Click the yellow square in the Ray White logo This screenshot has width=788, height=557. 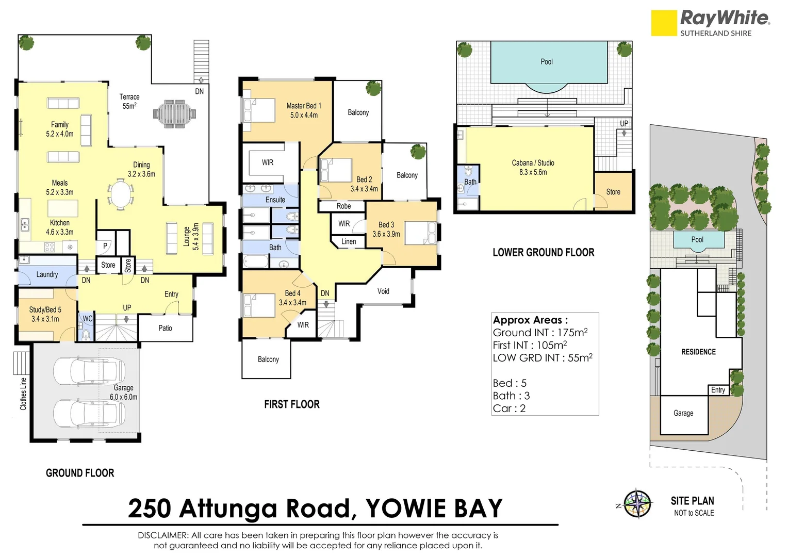[664, 23]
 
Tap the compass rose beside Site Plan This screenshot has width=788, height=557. [638, 503]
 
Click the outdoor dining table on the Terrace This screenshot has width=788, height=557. [174, 113]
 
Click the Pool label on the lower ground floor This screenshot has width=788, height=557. [546, 62]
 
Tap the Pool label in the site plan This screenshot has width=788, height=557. [697, 239]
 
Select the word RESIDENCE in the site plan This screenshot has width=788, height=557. [698, 352]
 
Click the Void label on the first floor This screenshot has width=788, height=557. [383, 291]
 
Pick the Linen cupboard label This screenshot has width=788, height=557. [349, 241]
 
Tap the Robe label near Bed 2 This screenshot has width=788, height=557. [343, 206]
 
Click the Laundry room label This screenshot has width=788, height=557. [47, 274]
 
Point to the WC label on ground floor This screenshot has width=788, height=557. [88, 319]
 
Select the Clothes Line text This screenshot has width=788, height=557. [23, 394]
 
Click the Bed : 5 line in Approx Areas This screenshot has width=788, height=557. [510, 383]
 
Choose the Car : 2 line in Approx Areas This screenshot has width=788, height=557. [509, 408]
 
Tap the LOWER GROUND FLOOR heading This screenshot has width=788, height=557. [543, 253]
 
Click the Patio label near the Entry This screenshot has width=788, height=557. [165, 328]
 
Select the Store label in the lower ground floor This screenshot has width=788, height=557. [613, 192]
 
